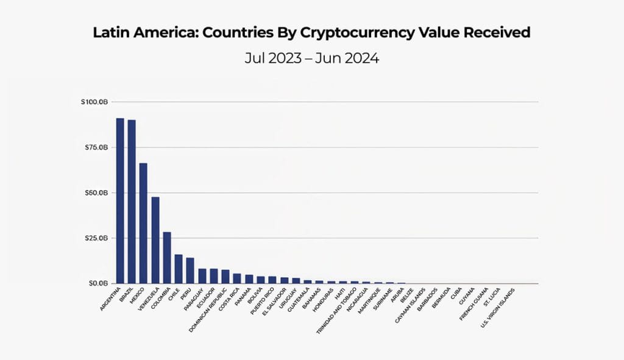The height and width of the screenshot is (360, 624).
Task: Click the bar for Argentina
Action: tap(120, 201)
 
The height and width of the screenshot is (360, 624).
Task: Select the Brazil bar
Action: tap(132, 202)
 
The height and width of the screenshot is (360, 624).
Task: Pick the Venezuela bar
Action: tap(155, 240)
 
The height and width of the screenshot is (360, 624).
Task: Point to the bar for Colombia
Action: tap(167, 258)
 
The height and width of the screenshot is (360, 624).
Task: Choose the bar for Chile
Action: tap(179, 269)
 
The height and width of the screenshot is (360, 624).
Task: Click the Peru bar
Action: tap(190, 270)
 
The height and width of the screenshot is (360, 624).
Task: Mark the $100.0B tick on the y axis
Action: tap(94, 102)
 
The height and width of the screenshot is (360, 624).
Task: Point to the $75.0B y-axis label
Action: tap(96, 147)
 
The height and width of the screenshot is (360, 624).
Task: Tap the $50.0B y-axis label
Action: tap(96, 192)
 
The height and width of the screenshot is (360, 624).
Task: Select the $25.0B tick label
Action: tap(96, 238)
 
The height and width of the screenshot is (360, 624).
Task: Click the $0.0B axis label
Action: tap(97, 283)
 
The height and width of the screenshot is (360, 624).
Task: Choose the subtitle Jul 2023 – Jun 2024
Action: tap(311, 59)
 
